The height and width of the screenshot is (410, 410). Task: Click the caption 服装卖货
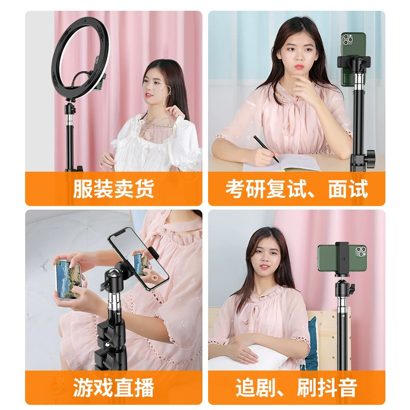click(113, 189)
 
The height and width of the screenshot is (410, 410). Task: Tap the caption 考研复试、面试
click(297, 189)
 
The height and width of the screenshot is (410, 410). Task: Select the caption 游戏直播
click(113, 387)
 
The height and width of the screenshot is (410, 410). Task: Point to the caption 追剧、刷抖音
click(297, 387)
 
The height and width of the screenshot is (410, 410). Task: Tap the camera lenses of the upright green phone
click(348, 39)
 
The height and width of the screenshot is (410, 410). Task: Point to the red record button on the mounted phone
click(155, 277)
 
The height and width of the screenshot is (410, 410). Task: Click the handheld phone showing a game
click(69, 279)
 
